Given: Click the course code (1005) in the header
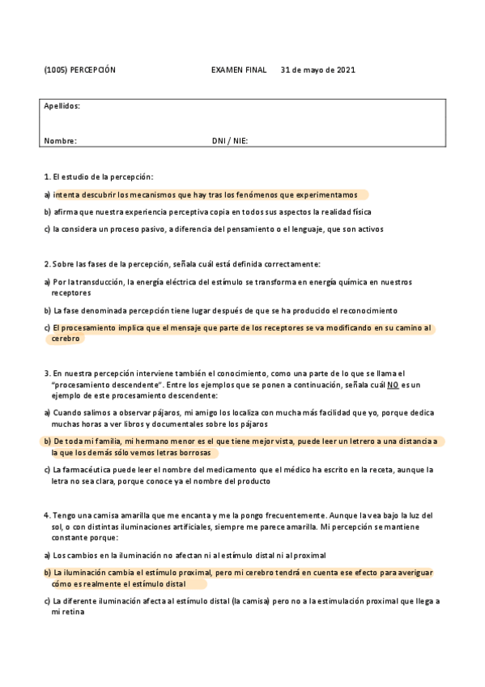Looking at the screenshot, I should coord(55,70).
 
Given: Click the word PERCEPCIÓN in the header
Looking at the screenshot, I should coord(93,70).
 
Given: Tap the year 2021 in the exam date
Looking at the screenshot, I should coord(344,70).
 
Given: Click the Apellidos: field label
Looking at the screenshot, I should coord(62,106).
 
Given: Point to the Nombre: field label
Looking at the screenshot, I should coord(60,141).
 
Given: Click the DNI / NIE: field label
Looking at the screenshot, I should coord(230,141).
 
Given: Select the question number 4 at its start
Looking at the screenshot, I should coord(46,515).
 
